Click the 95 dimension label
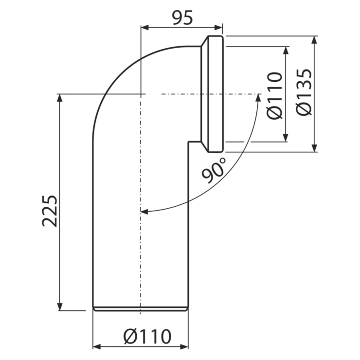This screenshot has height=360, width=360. (183, 18)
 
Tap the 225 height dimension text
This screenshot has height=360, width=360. (50, 211)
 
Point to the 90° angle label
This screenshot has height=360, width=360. (214, 170)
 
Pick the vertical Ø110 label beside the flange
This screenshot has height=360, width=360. (275, 95)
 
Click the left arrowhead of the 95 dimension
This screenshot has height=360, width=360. (144, 28)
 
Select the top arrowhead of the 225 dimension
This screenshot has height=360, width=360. (60, 98)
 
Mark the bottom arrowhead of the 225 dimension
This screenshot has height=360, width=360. (60, 306)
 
